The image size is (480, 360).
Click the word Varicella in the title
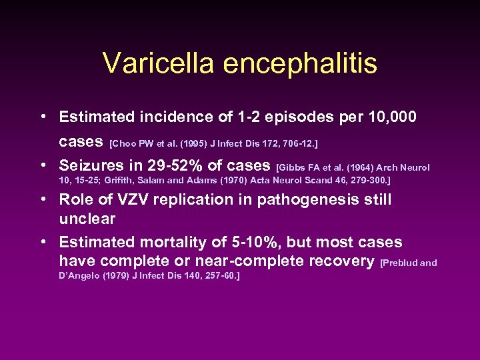(157, 64)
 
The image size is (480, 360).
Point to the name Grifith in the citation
(93, 181)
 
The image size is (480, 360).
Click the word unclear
(87, 219)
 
